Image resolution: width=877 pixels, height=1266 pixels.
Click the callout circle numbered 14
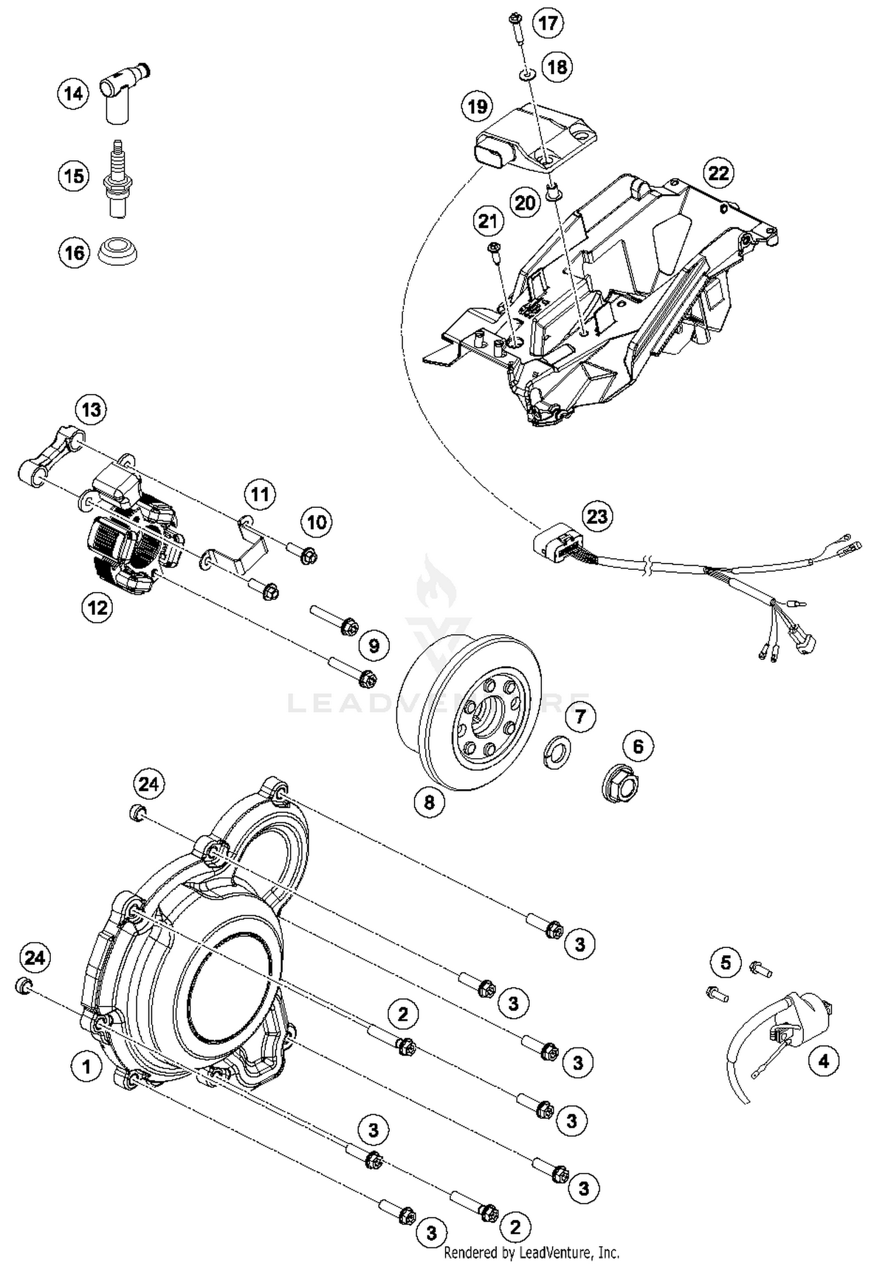(x=73, y=93)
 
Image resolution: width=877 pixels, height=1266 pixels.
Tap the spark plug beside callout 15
(x=118, y=179)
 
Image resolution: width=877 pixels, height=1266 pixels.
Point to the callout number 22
(x=719, y=173)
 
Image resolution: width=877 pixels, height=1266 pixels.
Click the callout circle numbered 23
(x=597, y=517)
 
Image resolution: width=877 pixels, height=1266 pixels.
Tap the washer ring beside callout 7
(x=556, y=752)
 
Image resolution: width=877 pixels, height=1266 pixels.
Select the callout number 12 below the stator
(x=97, y=608)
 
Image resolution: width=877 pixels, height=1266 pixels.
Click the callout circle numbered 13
(x=91, y=410)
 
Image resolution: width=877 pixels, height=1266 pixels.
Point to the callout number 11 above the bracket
(x=260, y=495)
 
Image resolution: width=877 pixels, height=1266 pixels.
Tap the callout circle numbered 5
(x=726, y=962)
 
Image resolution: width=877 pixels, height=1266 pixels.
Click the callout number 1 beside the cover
(x=87, y=1066)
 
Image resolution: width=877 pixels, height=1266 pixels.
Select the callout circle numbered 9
(x=374, y=645)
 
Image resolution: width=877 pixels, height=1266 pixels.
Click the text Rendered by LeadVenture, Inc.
(x=531, y=1252)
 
